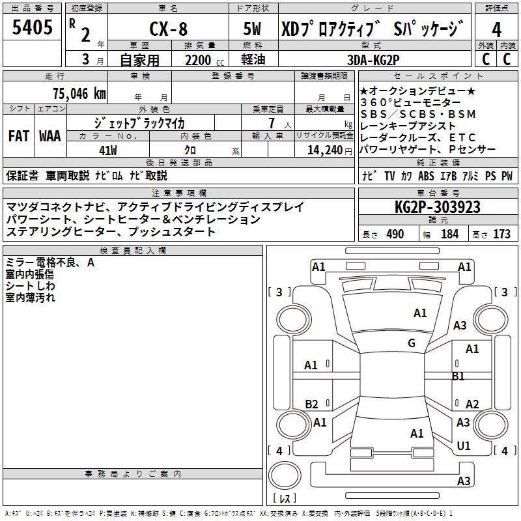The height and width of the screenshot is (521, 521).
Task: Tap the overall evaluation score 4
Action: pos(497,29)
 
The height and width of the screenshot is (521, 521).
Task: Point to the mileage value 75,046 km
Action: pos(79,94)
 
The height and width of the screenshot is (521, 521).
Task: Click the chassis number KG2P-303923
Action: pos(438,207)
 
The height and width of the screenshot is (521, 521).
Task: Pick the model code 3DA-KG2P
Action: pos(373,60)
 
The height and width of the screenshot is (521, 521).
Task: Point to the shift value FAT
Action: pos(19,136)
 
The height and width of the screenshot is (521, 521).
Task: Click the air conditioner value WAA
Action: pos(50,136)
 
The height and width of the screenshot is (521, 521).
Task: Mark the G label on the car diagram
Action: pos(412,343)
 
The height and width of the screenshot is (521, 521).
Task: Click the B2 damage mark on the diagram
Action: pos(312,404)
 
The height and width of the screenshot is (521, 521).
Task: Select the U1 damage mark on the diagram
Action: pos(464,446)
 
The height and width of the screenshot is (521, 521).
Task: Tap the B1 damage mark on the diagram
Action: pos(458,376)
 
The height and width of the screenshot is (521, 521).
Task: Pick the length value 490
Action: pos(395,234)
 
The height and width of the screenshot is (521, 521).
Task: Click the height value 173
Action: pos(501,234)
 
